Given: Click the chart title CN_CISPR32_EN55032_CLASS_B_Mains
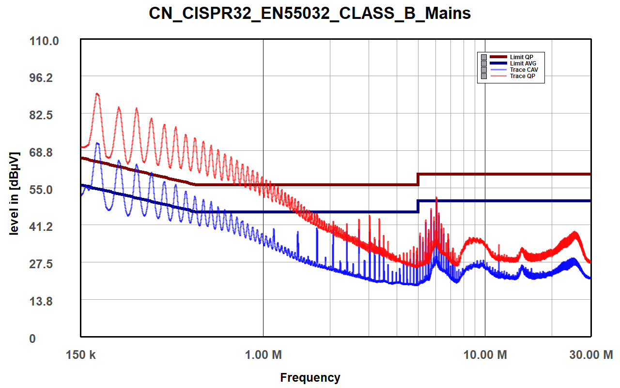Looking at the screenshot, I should tap(310, 13).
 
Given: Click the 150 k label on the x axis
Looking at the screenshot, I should tap(80, 355).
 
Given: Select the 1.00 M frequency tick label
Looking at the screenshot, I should tap(263, 355).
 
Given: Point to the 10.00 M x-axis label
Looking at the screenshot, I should tap(485, 355).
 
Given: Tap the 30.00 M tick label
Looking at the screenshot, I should tap(590, 355).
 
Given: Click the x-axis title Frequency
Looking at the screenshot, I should tap(310, 377).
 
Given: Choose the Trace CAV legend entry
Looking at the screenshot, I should tap(524, 70).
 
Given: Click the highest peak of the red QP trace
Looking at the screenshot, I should tap(97, 94).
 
